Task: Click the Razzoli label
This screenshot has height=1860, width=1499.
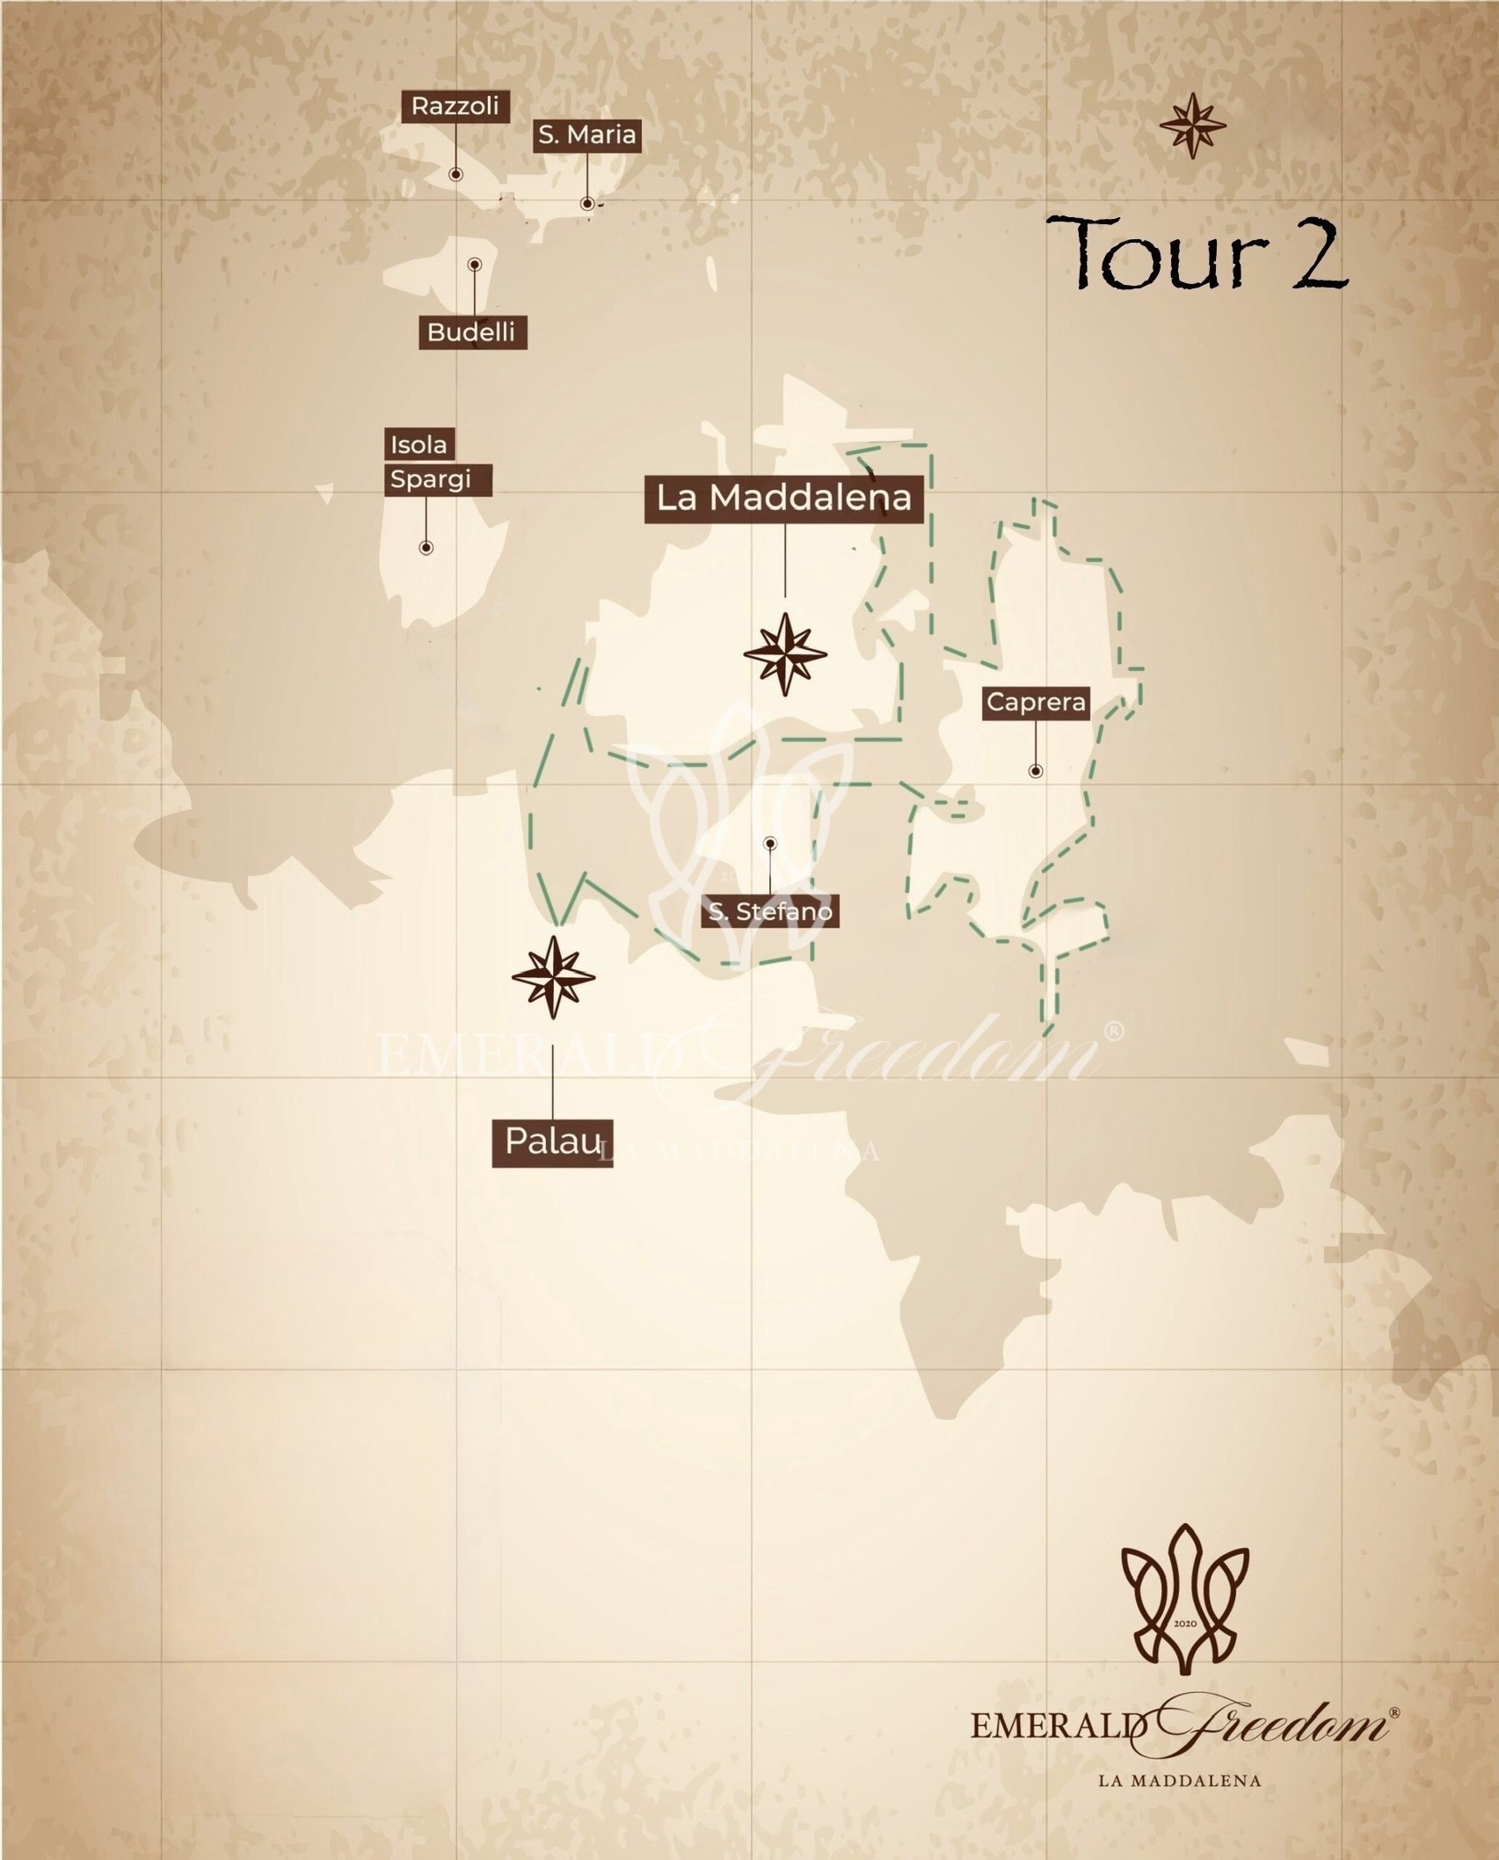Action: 455,106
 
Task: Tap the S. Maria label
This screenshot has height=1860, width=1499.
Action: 586,135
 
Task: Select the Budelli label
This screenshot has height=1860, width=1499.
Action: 471,332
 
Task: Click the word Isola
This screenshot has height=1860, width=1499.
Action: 418,444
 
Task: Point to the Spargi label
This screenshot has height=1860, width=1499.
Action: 431,479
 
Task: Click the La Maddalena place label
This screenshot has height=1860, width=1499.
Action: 783,498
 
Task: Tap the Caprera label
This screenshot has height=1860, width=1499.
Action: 1036,702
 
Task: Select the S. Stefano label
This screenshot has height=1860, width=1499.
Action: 770,911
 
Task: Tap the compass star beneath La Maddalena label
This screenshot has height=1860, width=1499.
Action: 785,654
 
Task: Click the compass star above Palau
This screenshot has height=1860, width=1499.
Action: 553,977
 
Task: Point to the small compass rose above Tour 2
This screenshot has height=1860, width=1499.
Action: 1192,126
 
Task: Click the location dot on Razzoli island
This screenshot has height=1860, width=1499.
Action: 455,174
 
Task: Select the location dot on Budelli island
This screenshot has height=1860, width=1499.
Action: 475,264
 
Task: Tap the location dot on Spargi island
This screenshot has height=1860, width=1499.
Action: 426,548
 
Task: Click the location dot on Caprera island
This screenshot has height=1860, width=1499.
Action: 1036,771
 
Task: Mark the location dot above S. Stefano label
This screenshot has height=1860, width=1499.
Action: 770,843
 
